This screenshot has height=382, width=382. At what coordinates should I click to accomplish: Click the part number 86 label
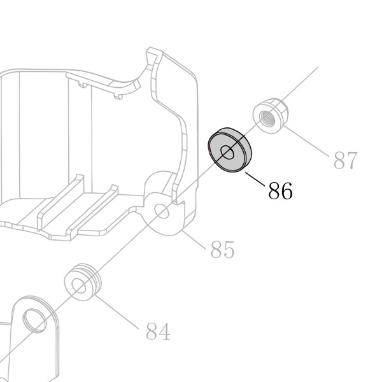click(280, 191)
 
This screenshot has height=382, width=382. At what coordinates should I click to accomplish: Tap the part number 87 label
click(346, 160)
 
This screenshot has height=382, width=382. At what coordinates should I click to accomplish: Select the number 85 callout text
click(222, 249)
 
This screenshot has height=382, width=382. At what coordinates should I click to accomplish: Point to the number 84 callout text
click(158, 331)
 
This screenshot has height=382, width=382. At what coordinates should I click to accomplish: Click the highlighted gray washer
click(230, 150)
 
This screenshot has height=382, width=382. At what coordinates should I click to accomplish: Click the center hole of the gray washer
click(227, 153)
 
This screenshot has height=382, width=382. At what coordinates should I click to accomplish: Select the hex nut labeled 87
click(271, 115)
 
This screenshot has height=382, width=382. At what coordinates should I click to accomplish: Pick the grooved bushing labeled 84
click(83, 282)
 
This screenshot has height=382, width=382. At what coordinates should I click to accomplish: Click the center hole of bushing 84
click(79, 286)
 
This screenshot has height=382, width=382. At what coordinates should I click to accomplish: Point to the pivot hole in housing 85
click(162, 211)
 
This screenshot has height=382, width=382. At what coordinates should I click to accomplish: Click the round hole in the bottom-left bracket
click(35, 321)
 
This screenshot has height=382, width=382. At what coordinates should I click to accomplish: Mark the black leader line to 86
click(255, 180)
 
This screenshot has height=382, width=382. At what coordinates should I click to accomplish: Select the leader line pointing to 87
click(306, 140)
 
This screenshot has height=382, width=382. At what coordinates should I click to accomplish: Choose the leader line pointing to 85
click(193, 239)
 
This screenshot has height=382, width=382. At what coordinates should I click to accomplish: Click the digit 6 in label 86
click(286, 191)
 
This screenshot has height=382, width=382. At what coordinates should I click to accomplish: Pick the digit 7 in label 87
click(352, 160)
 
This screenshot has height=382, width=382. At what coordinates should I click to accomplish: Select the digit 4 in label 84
click(164, 331)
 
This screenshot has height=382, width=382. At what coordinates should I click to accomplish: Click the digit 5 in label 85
click(229, 249)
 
